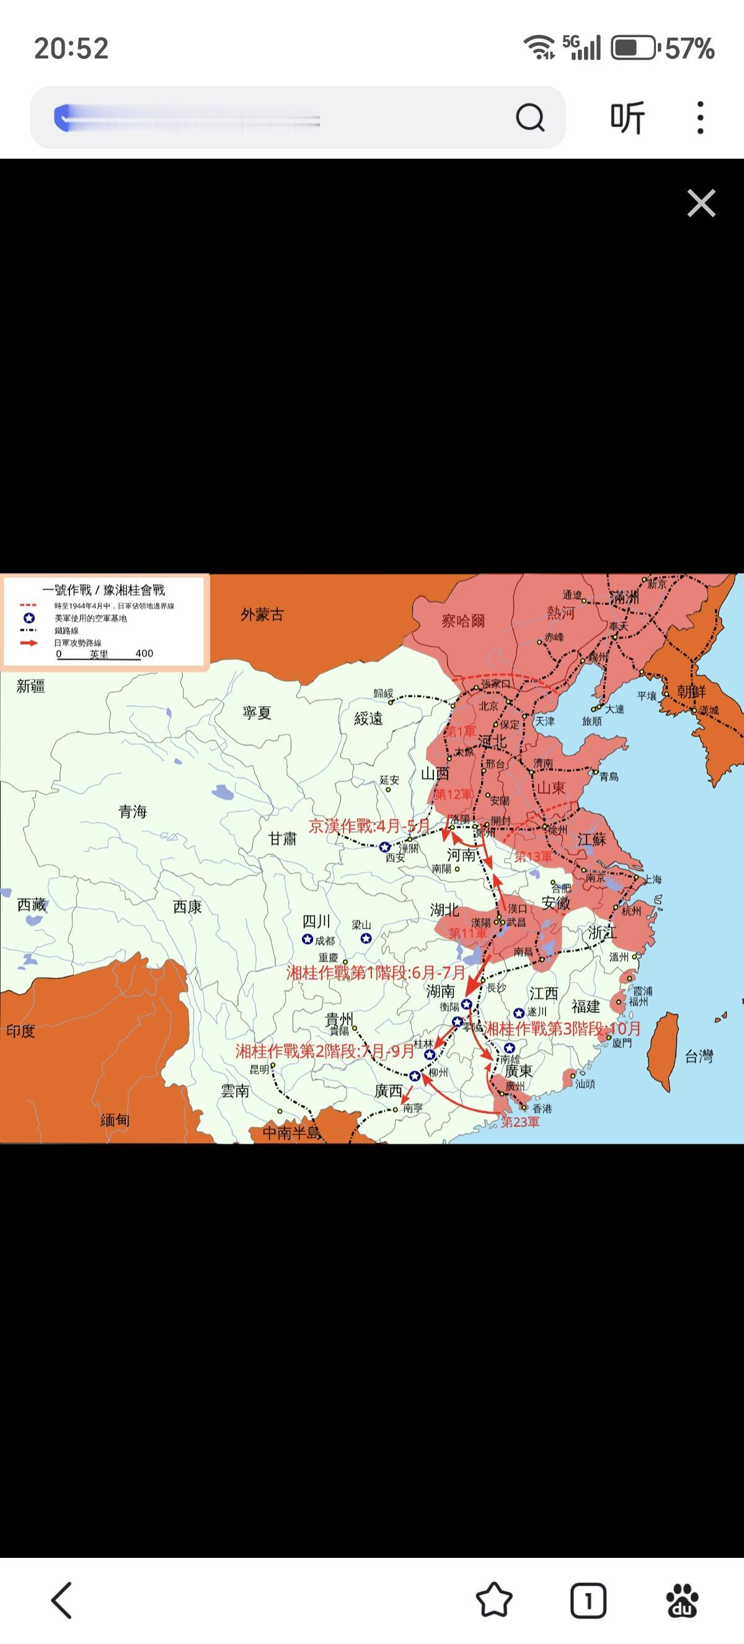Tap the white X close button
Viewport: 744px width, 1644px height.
point(701,203)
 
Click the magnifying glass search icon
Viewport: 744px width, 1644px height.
point(529,117)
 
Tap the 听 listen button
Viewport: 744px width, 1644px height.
point(627,117)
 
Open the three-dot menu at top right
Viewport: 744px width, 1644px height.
point(700,117)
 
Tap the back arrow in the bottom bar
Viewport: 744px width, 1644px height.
point(62,1600)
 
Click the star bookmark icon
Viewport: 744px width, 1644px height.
point(494,1600)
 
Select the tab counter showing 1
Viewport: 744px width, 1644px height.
point(588,1600)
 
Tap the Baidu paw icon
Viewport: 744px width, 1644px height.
point(682,1600)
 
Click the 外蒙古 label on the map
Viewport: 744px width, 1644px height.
point(262,614)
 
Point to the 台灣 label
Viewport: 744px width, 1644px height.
point(699,1057)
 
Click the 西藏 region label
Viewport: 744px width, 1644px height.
point(31,904)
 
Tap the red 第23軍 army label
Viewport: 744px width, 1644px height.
point(520,1122)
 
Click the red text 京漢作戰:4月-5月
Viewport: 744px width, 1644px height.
point(370,826)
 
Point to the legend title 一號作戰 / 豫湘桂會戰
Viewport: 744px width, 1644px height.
point(104,590)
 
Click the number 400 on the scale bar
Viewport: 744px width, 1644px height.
point(144,653)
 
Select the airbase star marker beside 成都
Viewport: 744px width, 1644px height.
point(307,939)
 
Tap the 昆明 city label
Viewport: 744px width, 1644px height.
point(260,1069)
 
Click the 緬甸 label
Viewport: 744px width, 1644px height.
point(115,1120)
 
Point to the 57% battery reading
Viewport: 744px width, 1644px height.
point(689,48)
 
